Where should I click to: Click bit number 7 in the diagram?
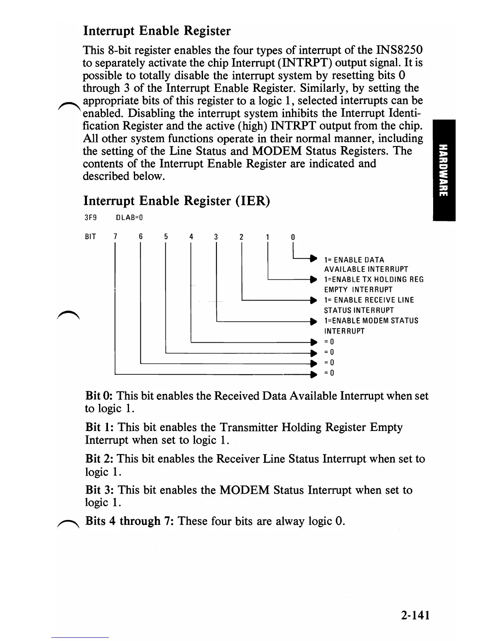115,237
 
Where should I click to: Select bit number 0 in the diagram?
293,237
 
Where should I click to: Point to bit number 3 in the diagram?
216,237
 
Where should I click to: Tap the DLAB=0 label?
130,218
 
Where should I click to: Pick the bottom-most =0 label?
329,373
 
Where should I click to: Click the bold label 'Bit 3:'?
99,490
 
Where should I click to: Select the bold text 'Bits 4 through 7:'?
130,521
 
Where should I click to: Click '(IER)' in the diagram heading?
252,201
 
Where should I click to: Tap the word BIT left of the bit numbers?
90,237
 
